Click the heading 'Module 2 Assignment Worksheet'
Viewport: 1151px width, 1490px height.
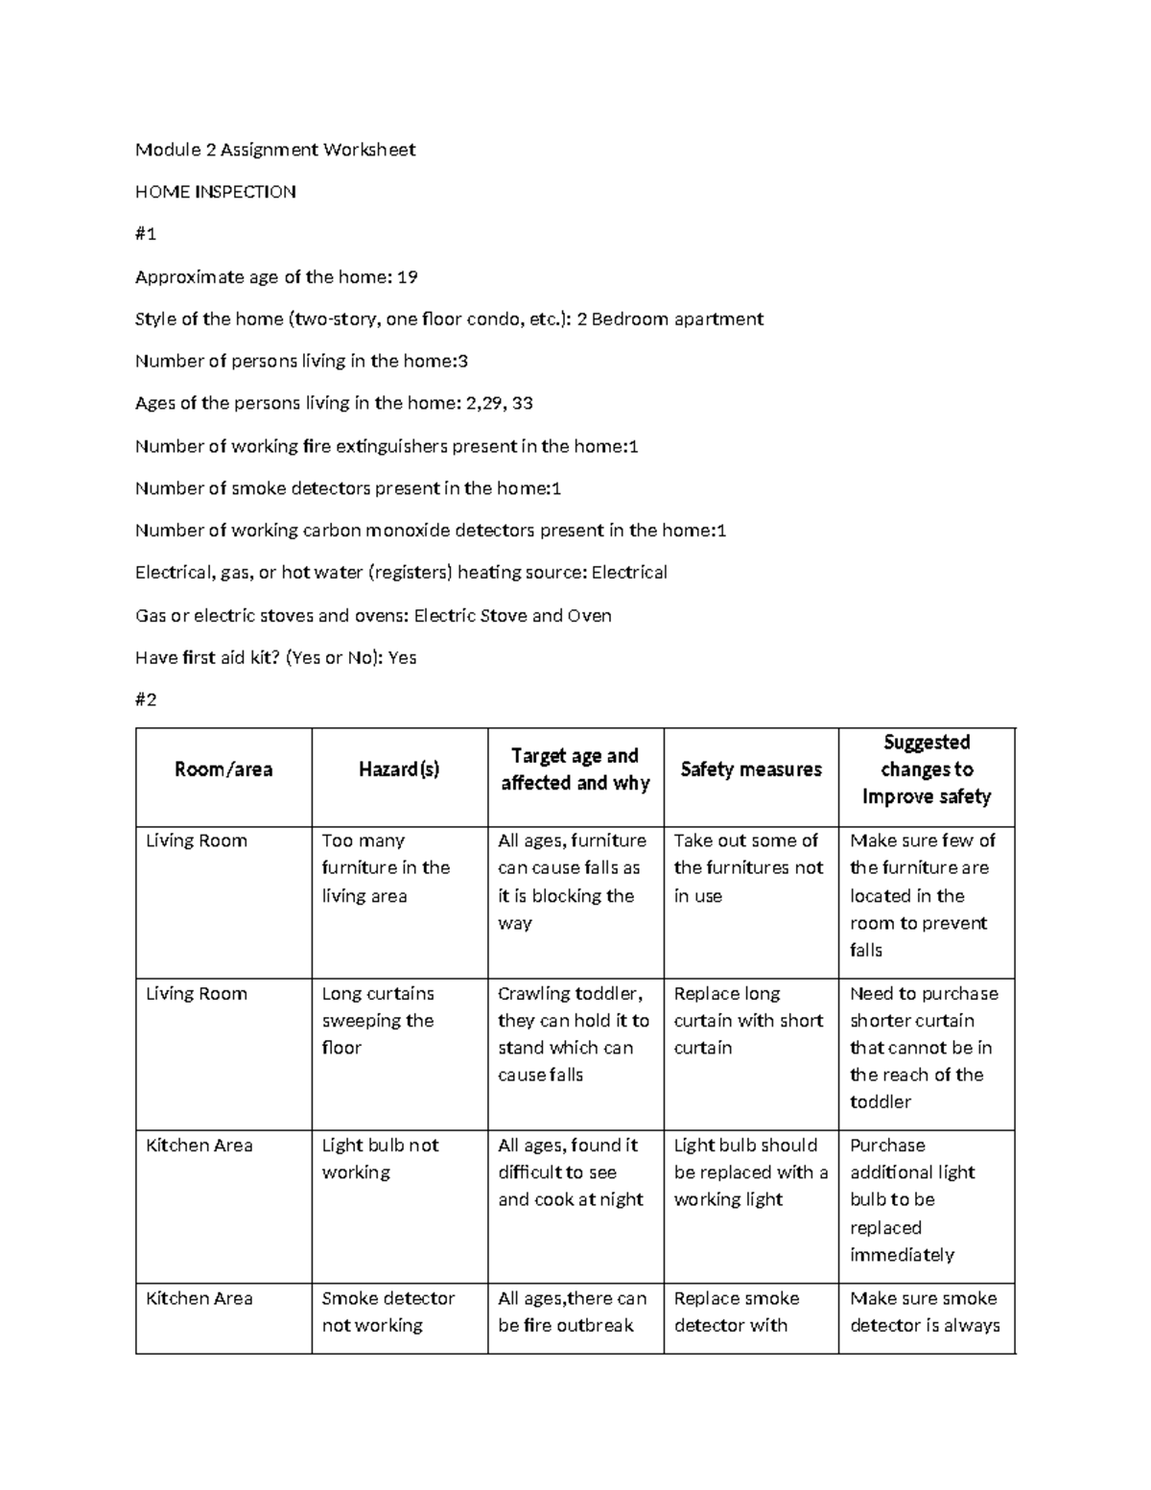coord(275,150)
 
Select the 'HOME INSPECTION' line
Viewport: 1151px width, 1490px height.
coord(215,192)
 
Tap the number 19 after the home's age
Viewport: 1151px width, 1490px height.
coord(407,277)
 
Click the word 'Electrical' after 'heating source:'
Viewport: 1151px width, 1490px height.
coord(629,573)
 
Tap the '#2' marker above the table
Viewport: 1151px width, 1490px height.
coord(146,700)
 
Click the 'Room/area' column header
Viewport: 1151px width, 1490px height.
coord(223,769)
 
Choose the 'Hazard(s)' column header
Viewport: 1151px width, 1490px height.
coord(399,769)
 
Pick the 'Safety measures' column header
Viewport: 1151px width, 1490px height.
coord(751,769)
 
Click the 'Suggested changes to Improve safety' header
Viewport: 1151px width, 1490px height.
coord(926,769)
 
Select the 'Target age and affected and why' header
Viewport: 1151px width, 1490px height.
coord(575,769)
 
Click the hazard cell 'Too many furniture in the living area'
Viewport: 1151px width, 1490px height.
coord(386,868)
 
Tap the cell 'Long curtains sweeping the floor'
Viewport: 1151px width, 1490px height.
coord(378,1021)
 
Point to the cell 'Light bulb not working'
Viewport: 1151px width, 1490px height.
coord(380,1159)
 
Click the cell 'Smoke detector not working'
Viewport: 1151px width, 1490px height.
coord(388,1312)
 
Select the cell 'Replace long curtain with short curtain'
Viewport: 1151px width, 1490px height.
coord(748,1021)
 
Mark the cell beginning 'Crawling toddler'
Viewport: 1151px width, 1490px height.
coord(573,1034)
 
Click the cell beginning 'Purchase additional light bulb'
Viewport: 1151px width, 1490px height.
coord(911,1200)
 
